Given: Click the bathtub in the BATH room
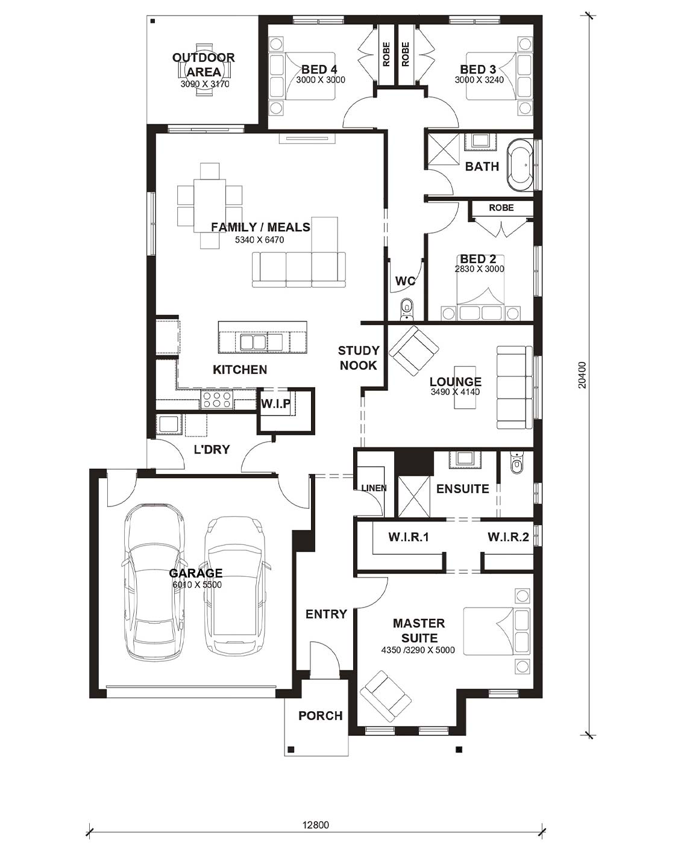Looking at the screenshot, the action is point(520,166).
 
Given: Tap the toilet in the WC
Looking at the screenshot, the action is point(406,307).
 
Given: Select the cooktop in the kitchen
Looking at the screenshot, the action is point(216,400).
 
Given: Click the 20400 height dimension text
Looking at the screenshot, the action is point(582,375).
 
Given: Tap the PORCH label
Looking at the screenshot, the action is point(321,716).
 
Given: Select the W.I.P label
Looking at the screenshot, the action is point(276,403).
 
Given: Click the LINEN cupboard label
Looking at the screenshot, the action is point(374,488).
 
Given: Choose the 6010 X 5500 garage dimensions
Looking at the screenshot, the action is point(197,585).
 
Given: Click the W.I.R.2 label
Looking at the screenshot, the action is point(508,537).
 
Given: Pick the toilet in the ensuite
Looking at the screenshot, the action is point(516,462).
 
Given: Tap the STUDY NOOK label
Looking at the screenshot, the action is point(359,358).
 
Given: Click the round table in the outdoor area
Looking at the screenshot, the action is point(204,70).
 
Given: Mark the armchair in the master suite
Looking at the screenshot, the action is point(386,696).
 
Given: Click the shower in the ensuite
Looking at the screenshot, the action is point(414,496).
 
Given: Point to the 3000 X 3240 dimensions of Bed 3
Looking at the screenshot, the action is point(479,80).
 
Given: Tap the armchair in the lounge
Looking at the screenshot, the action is point(413,350).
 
